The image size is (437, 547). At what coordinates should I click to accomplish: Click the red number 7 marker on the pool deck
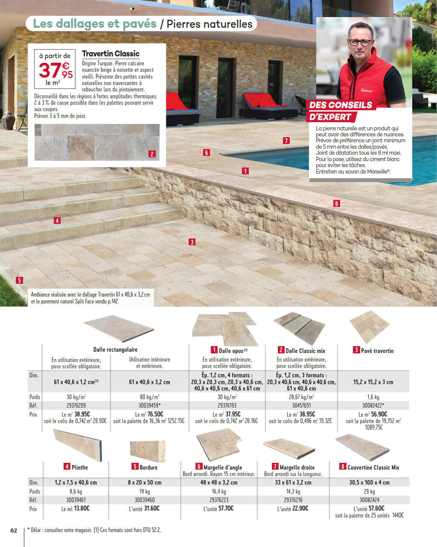286,141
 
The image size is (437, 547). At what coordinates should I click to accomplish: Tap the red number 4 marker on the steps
57,221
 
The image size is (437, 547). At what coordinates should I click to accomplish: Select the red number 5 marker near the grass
19,281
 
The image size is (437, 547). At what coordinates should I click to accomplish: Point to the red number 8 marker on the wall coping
336,204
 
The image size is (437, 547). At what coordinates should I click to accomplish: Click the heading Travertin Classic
111,54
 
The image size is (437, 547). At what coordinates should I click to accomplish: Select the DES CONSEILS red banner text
341,105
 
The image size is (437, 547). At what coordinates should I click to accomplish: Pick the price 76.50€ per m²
155,415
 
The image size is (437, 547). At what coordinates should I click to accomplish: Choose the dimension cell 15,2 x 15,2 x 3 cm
373,382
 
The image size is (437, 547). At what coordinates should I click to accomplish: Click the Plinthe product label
79,468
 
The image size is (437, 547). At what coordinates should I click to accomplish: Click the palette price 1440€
398,515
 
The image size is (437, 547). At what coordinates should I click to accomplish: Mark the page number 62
14,530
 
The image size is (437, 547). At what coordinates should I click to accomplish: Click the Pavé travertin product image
370,327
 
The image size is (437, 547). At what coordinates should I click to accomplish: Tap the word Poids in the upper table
35,397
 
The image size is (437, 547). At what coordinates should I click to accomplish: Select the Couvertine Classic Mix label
373,468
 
